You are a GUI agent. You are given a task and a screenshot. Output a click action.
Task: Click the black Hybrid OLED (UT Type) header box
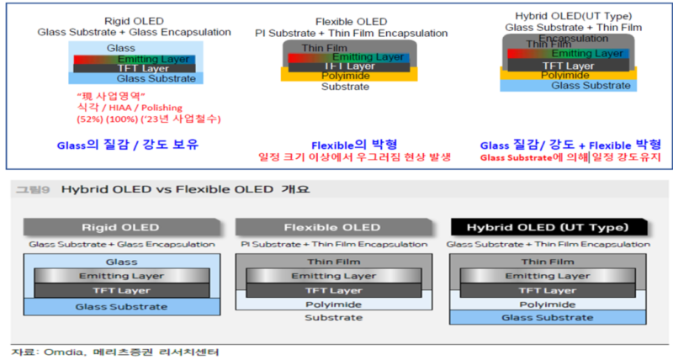coord(550,227)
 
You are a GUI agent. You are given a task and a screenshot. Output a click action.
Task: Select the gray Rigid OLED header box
coord(122,227)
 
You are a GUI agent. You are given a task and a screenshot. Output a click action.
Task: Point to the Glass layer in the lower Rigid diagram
coord(122,262)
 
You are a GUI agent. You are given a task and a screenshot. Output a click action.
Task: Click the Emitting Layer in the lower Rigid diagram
coord(122,276)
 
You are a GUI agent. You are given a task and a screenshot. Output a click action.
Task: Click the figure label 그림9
coord(33,190)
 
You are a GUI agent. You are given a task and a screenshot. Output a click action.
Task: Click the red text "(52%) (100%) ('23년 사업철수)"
coord(137,119)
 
